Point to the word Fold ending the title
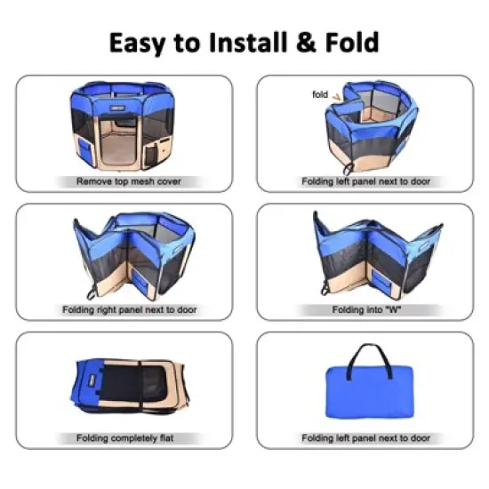click(x=351, y=42)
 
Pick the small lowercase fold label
click(x=320, y=94)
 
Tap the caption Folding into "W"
click(x=365, y=309)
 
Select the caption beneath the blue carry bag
click(x=365, y=438)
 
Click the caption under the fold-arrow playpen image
click(x=365, y=180)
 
